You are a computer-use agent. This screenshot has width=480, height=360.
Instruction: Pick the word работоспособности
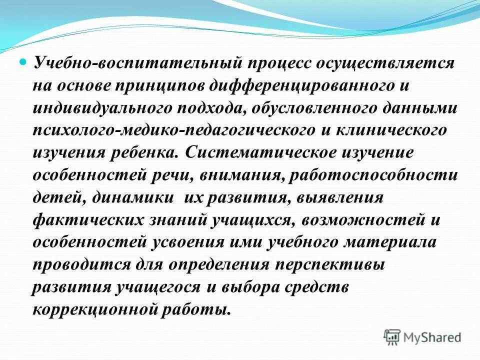[x=377, y=174]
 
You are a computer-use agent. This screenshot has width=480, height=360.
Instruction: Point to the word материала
[x=390, y=242]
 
